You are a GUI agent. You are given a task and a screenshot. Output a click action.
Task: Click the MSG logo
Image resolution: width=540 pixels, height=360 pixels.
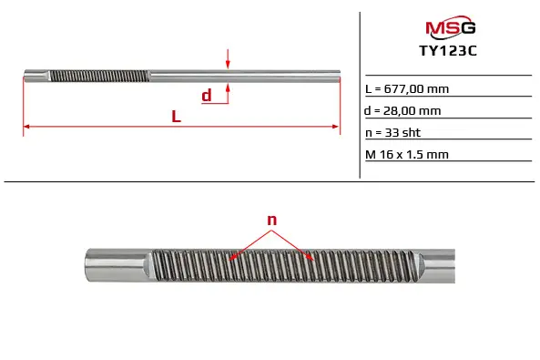(451, 26)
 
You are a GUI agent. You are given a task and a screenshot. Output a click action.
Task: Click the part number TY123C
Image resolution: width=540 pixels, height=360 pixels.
(448, 51)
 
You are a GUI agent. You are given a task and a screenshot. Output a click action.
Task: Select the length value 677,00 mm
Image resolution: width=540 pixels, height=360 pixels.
(416, 89)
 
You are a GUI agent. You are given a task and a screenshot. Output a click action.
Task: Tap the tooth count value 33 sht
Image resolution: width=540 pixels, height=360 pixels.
(402, 132)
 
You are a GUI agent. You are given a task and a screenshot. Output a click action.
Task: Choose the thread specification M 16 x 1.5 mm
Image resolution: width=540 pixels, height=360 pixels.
(407, 154)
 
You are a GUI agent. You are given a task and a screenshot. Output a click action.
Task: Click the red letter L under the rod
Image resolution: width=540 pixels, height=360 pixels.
(177, 117)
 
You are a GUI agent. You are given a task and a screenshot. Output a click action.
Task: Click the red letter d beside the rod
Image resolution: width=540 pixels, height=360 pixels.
(207, 95)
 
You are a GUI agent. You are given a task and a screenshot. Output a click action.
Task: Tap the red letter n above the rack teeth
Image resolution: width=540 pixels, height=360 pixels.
(272, 220)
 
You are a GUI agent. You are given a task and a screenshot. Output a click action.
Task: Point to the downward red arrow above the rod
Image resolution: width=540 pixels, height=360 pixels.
(228, 59)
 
